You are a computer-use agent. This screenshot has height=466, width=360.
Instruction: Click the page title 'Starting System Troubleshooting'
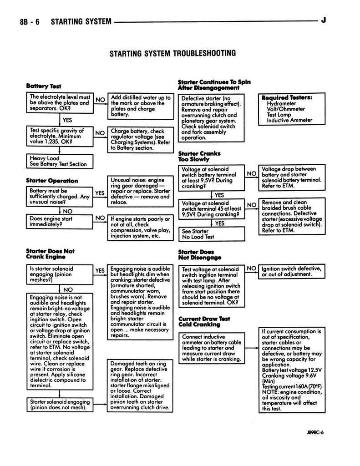[x=172, y=54]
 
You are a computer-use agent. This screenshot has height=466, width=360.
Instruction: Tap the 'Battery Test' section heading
[x=44, y=86]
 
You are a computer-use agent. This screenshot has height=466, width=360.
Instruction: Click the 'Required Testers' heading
[x=287, y=97]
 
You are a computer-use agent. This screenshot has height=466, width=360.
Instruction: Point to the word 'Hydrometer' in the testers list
[x=281, y=103]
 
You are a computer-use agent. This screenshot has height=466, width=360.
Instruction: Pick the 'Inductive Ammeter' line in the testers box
[x=289, y=121]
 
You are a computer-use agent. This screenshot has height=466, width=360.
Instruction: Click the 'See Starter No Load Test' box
[x=211, y=234]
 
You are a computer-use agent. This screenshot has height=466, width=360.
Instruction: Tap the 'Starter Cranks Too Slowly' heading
[x=193, y=157]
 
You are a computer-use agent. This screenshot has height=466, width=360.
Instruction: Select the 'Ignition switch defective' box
[x=291, y=272]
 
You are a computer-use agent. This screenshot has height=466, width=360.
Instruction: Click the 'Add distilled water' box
[x=141, y=106]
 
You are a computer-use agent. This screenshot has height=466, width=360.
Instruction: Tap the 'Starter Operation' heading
[x=52, y=181]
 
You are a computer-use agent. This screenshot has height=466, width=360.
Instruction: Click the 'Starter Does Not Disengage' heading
[x=196, y=254]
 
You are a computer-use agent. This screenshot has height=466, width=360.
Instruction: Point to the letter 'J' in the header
[x=323, y=20]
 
